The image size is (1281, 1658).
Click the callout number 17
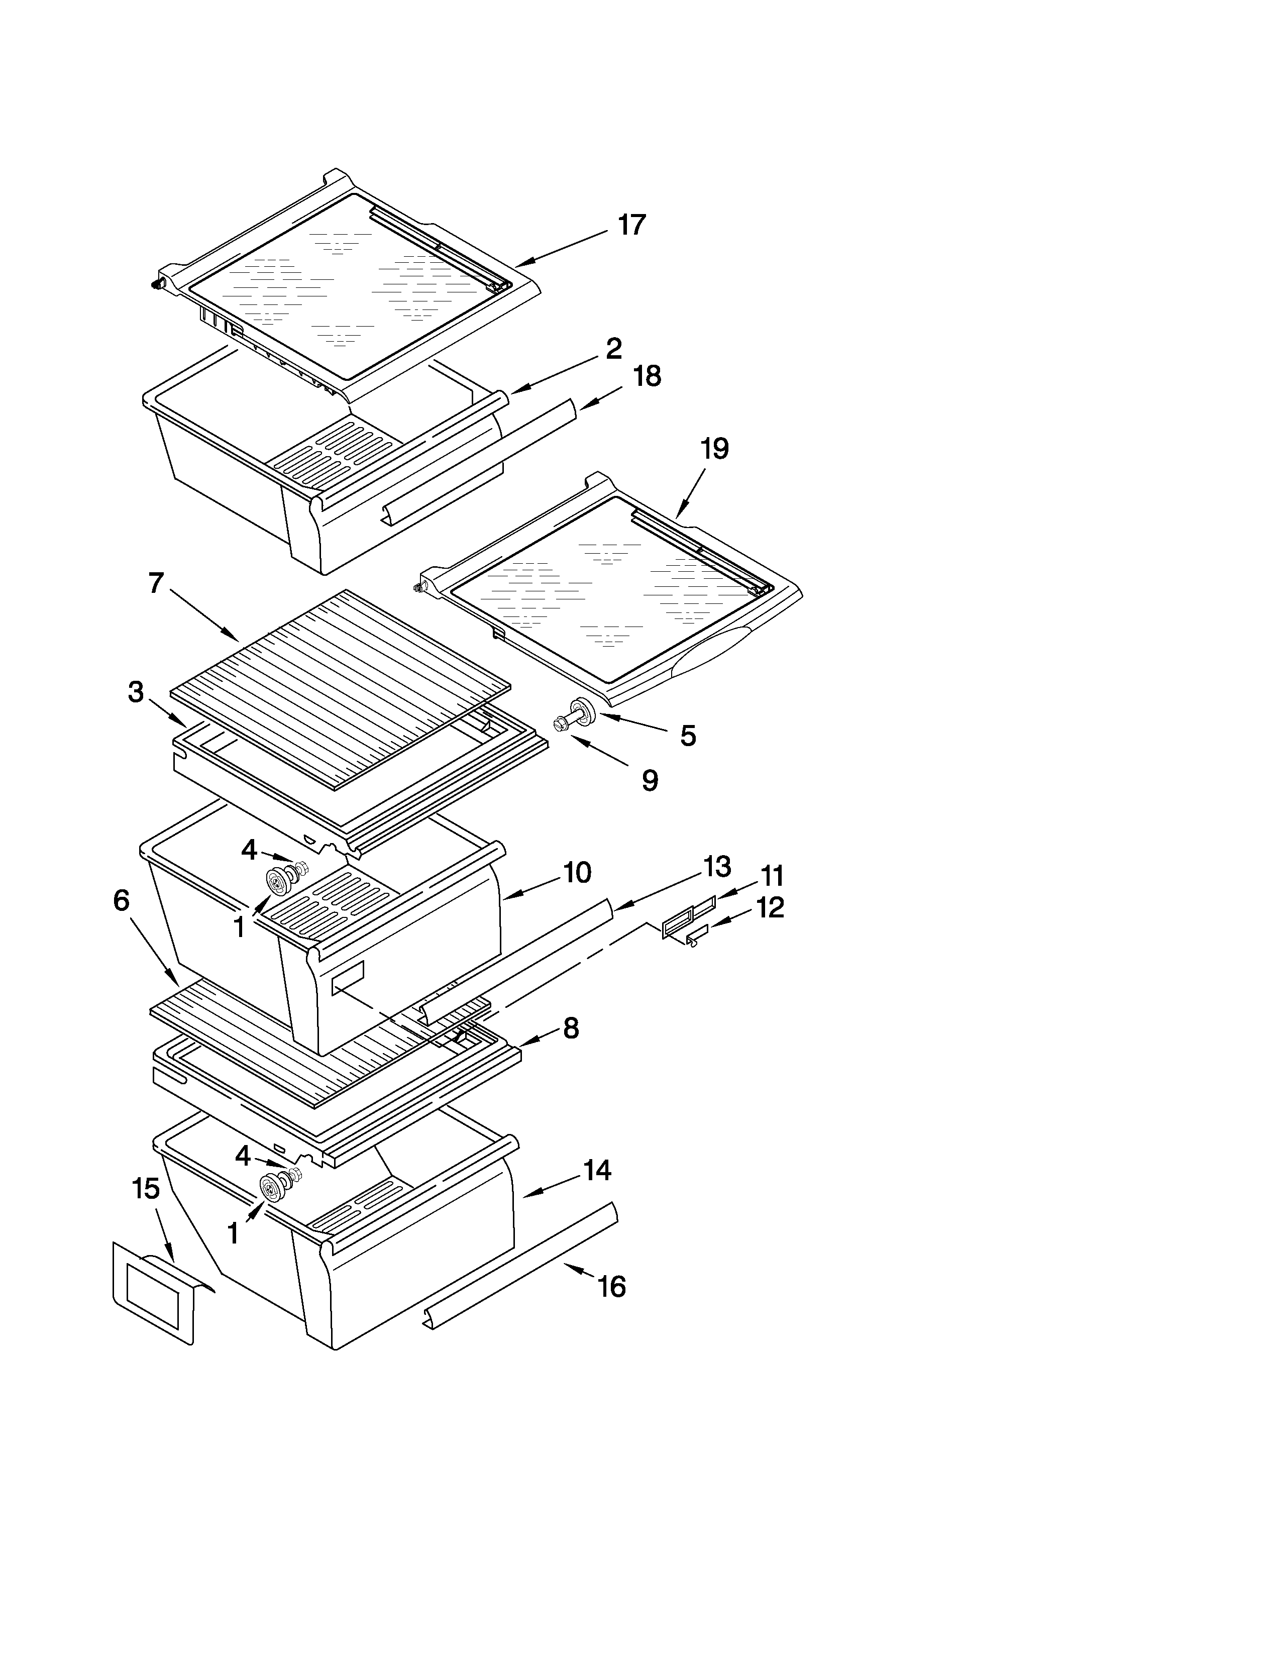(x=631, y=226)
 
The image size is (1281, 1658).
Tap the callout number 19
(x=714, y=449)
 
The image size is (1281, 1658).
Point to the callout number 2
(x=614, y=349)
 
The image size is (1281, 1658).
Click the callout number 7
(x=156, y=583)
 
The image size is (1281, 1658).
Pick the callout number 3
(x=136, y=692)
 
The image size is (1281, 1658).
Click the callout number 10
(x=577, y=873)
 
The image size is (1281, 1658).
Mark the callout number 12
(x=770, y=907)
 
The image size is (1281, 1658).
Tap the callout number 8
(x=571, y=1028)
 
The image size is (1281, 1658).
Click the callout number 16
(x=612, y=1286)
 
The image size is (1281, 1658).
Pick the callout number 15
(x=146, y=1189)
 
